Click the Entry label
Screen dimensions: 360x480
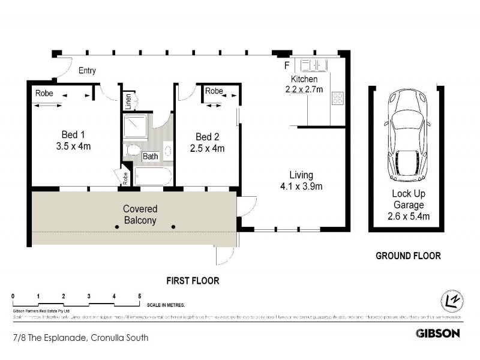coord(87,71)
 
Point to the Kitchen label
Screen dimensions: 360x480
coord(304,79)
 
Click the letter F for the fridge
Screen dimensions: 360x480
coord(287,64)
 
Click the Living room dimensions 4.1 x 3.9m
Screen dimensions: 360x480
coord(302,186)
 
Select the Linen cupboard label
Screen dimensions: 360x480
coord(128,100)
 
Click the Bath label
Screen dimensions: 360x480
coord(151,157)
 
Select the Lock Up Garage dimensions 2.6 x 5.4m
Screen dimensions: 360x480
coord(408,215)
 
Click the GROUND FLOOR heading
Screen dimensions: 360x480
coord(408,256)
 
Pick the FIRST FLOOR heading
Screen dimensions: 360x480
coord(193,280)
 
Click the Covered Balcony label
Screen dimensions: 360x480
coord(140,214)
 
